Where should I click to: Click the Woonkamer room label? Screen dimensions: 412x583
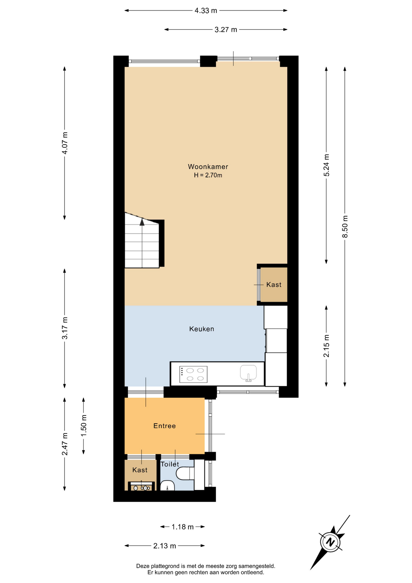(x=208, y=166)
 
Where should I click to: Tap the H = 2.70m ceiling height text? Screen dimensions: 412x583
(x=208, y=175)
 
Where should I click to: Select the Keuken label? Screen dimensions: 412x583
(x=202, y=329)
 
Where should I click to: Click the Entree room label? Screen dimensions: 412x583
(x=165, y=426)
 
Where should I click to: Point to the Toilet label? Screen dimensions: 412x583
(x=170, y=464)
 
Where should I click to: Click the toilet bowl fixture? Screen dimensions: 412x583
(x=185, y=473)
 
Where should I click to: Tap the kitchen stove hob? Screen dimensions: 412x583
(x=193, y=374)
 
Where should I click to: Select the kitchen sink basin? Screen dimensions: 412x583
(x=248, y=373)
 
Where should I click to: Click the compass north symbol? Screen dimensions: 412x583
(x=330, y=542)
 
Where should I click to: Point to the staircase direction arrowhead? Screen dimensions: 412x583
(x=142, y=222)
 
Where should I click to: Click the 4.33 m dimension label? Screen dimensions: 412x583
(x=206, y=11)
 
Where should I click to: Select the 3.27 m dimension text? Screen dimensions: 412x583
(x=226, y=29)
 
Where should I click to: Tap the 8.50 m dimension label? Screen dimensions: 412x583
(x=345, y=227)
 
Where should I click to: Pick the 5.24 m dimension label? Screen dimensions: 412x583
(x=326, y=165)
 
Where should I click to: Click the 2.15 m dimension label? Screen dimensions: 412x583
(x=326, y=346)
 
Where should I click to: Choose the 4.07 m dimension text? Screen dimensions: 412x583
(x=65, y=143)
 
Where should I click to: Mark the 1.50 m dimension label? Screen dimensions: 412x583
(x=84, y=426)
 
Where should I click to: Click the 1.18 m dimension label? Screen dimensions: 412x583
(x=183, y=527)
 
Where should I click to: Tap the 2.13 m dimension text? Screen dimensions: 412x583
(x=164, y=546)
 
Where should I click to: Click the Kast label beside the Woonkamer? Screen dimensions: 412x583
(x=274, y=285)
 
